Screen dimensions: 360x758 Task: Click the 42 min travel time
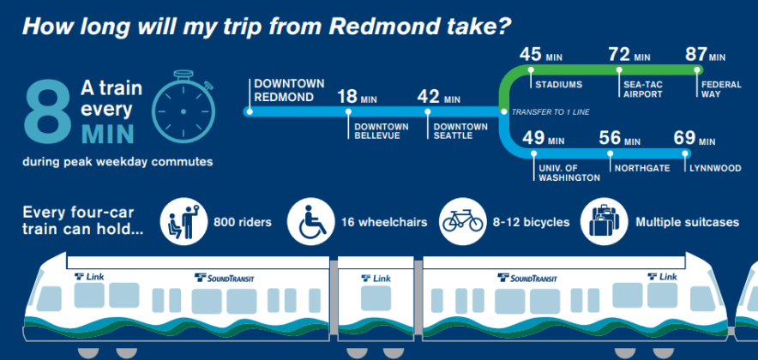(x=438, y=96)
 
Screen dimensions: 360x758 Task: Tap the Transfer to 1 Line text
(x=553, y=112)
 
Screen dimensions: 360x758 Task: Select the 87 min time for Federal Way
(x=704, y=55)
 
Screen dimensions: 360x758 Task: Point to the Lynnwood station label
(x=714, y=169)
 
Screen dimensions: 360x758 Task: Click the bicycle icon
(x=461, y=221)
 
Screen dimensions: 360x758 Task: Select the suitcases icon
(x=604, y=221)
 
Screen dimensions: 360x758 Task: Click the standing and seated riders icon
(x=184, y=221)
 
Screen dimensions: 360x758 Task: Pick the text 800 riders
(x=243, y=222)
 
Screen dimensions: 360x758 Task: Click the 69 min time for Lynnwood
(x=695, y=138)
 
